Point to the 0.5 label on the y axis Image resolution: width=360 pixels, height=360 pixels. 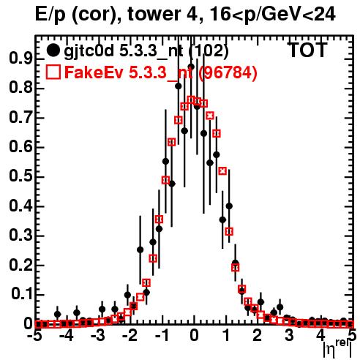pyautogui.click(x=21, y=176)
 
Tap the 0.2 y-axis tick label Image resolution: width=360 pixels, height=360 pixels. pyautogui.click(x=21, y=265)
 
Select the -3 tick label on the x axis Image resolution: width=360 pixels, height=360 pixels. pyautogui.click(x=98, y=336)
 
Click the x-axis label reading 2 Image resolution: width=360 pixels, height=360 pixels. pyautogui.click(x=258, y=336)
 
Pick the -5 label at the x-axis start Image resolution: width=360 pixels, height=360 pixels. pyautogui.click(x=34, y=336)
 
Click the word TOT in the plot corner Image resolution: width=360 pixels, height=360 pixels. pyautogui.click(x=308, y=50)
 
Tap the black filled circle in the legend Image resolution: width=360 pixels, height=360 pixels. pyautogui.click(x=53, y=50)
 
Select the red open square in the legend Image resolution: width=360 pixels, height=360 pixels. pyautogui.click(x=53, y=72)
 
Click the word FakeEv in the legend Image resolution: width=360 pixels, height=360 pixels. pyautogui.click(x=94, y=72)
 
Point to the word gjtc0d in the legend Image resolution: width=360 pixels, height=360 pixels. pyautogui.click(x=89, y=51)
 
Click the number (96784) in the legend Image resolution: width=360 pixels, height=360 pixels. pyautogui.click(x=228, y=72)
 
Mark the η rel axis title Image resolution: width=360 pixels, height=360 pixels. pyautogui.click(x=338, y=349)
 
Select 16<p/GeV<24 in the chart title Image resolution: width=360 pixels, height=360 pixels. pyautogui.click(x=272, y=15)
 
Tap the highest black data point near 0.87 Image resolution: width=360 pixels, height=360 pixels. pyautogui.click(x=191, y=67)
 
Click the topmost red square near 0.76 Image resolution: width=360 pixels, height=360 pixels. pyautogui.click(x=191, y=100)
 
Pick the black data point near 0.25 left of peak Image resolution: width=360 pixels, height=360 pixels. pyautogui.click(x=140, y=250)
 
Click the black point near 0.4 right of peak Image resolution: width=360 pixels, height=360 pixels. pyautogui.click(x=229, y=206)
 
